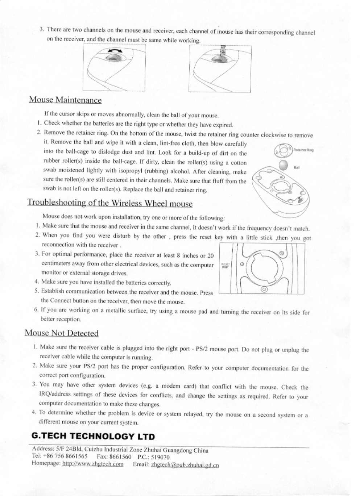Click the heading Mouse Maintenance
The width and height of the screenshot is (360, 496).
coord(65,100)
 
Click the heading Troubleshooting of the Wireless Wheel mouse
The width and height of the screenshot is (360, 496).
coord(110,203)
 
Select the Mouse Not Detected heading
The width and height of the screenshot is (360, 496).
coord(62,333)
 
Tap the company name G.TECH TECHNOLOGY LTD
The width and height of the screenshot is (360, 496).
coord(93,436)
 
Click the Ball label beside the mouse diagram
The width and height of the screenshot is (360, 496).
coord(297,168)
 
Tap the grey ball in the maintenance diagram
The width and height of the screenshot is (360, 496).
coord(284,165)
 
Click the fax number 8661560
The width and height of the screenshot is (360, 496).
coord(121,457)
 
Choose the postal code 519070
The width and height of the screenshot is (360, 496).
coord(159,457)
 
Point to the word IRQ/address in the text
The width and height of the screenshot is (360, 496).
coord(54,394)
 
